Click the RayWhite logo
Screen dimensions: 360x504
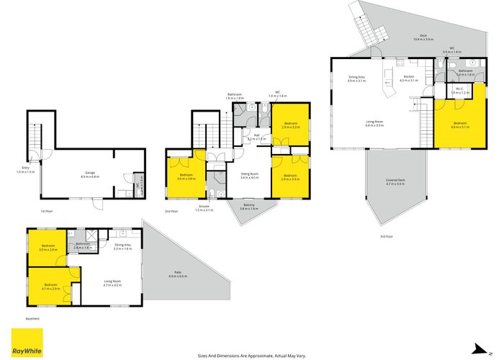pos(26,342)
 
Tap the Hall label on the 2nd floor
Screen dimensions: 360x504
pos(257,135)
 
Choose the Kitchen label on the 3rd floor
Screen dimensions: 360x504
pos(408,76)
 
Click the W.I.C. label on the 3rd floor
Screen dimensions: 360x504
pos(460,89)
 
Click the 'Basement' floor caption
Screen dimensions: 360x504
pos(32,318)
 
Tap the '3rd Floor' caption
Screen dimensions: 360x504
pos(387,236)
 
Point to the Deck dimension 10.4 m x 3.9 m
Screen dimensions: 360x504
pos(423,39)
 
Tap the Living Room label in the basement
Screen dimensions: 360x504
pos(112,282)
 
